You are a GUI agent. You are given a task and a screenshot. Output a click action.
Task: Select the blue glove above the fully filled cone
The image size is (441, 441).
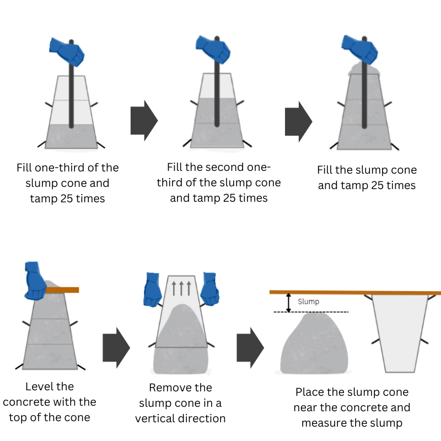click(359, 50)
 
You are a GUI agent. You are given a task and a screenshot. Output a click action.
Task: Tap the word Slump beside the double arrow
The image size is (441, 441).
click(308, 302)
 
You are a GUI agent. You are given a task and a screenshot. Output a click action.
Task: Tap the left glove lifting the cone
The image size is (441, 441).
click(152, 289)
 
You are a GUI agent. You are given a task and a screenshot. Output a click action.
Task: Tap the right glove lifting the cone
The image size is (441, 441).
click(211, 288)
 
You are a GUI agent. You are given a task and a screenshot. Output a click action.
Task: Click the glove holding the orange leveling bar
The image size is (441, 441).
click(36, 281)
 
